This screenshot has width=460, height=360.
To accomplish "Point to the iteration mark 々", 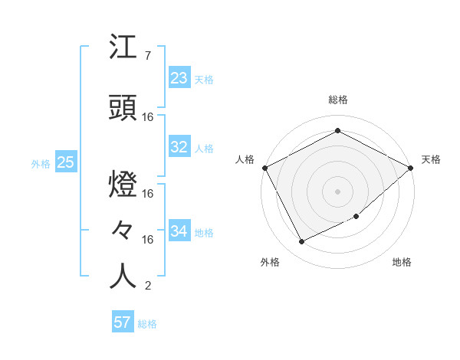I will [x=123, y=231].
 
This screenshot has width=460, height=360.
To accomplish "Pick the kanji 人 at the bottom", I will [x=123, y=277].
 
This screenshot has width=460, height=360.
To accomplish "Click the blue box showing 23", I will [x=179, y=78].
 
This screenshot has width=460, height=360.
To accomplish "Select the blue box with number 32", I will [x=179, y=148].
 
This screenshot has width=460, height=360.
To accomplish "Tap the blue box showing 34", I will [x=179, y=231].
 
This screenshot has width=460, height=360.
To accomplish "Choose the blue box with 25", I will [x=65, y=163].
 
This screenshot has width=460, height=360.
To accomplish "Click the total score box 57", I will [x=123, y=322].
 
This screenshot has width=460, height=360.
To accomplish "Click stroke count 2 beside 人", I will [x=147, y=286].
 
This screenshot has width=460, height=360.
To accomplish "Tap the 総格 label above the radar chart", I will [x=337, y=100].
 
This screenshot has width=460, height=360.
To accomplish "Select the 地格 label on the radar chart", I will [x=402, y=263].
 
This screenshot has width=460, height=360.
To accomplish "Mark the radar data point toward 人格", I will [x=264, y=167].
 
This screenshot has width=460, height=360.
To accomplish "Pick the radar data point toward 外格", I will [x=302, y=242].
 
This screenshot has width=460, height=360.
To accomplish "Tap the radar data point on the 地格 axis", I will [x=357, y=218].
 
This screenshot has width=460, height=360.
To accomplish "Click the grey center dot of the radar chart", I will [x=337, y=191].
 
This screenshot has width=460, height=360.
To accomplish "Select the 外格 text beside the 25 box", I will [x=41, y=164].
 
